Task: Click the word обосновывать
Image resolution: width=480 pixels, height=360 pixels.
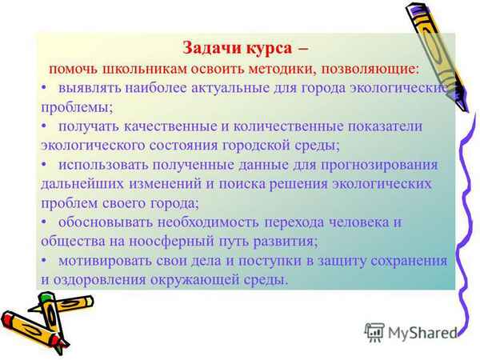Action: coord(106,222)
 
